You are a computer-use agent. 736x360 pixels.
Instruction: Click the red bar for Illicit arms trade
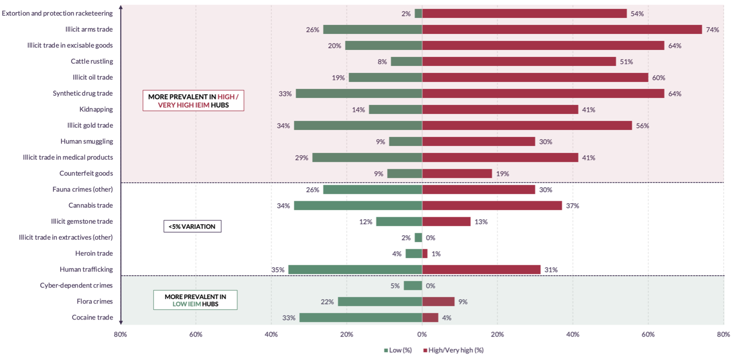pyautogui.click(x=562, y=29)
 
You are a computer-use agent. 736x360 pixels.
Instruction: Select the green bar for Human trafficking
pyautogui.click(x=355, y=270)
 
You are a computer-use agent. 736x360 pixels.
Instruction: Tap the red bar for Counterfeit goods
pyautogui.click(x=457, y=174)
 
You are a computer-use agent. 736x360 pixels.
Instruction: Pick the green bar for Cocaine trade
pyautogui.click(x=361, y=318)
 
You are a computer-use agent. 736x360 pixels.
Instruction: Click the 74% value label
pyautogui.click(x=712, y=29)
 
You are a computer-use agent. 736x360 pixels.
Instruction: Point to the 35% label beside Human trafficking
pyautogui.click(x=278, y=270)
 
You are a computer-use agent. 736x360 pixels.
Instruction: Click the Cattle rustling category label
pyautogui.click(x=92, y=61)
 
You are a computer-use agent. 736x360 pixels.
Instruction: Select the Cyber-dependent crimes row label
pyautogui.click(x=76, y=286)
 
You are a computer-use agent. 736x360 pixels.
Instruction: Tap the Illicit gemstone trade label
pyautogui.click(x=82, y=222)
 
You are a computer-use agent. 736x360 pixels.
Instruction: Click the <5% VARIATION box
pyautogui.click(x=192, y=226)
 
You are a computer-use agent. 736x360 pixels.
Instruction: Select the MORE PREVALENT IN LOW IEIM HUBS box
pyautogui.click(x=195, y=300)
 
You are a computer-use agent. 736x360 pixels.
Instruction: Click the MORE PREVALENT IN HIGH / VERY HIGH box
pyautogui.click(x=193, y=100)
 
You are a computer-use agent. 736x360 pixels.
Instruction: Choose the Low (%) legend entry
pyautogui.click(x=398, y=350)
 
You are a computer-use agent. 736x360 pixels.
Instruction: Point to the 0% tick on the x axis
pyautogui.click(x=422, y=335)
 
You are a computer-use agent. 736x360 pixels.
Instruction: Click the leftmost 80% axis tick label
pyautogui.click(x=120, y=335)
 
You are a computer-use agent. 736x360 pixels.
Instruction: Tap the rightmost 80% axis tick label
pyautogui.click(x=723, y=335)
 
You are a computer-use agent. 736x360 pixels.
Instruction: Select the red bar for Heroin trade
pyautogui.click(x=425, y=254)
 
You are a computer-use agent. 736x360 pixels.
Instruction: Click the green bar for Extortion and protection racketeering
pyautogui.click(x=418, y=13)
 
